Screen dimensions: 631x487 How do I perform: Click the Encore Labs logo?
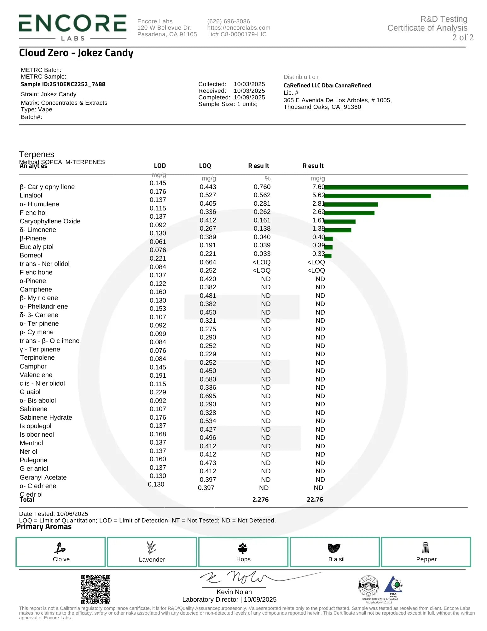point(72,27)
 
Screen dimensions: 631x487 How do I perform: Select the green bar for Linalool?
point(377,196)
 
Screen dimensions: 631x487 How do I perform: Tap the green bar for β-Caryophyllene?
point(396,187)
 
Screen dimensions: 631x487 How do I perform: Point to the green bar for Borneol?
point(328,256)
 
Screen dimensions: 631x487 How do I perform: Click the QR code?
point(96,589)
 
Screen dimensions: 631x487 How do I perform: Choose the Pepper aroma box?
point(426,552)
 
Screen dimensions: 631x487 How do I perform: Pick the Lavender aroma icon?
point(152,548)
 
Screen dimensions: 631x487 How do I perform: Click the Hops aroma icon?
point(243,548)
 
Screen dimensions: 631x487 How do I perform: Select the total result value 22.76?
point(315,500)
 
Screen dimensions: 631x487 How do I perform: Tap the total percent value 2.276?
point(260,500)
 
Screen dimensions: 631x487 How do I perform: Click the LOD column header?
point(160,166)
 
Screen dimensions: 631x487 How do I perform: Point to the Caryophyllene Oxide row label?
point(50,221)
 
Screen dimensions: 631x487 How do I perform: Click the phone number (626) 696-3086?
point(229,21)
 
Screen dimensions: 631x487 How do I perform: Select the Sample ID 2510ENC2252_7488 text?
point(63,84)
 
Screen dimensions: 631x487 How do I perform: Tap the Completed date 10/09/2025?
point(249,97)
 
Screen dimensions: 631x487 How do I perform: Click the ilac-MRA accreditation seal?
point(368,586)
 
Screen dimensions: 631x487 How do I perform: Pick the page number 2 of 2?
point(462,38)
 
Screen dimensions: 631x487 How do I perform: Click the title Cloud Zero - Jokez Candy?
point(76,53)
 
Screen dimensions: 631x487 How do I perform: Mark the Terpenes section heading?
point(37,154)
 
